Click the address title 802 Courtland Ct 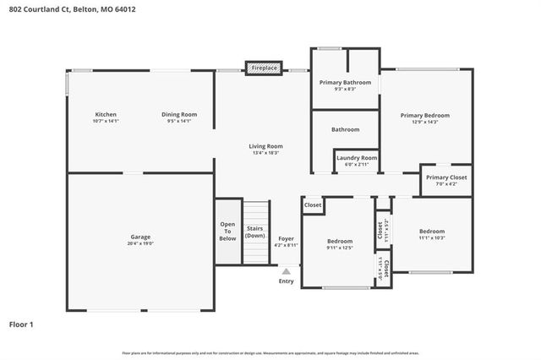71,10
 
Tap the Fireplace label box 264,68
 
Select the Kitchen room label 106,115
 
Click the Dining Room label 179,115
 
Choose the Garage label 140,237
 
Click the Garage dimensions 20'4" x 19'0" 140,244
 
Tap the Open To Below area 228,232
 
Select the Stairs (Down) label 254,232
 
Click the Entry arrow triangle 287,271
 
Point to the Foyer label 287,238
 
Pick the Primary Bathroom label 345,82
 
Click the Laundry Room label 357,158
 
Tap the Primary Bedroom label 425,116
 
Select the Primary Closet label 446,177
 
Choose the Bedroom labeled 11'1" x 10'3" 432,232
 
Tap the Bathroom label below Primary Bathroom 345,129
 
